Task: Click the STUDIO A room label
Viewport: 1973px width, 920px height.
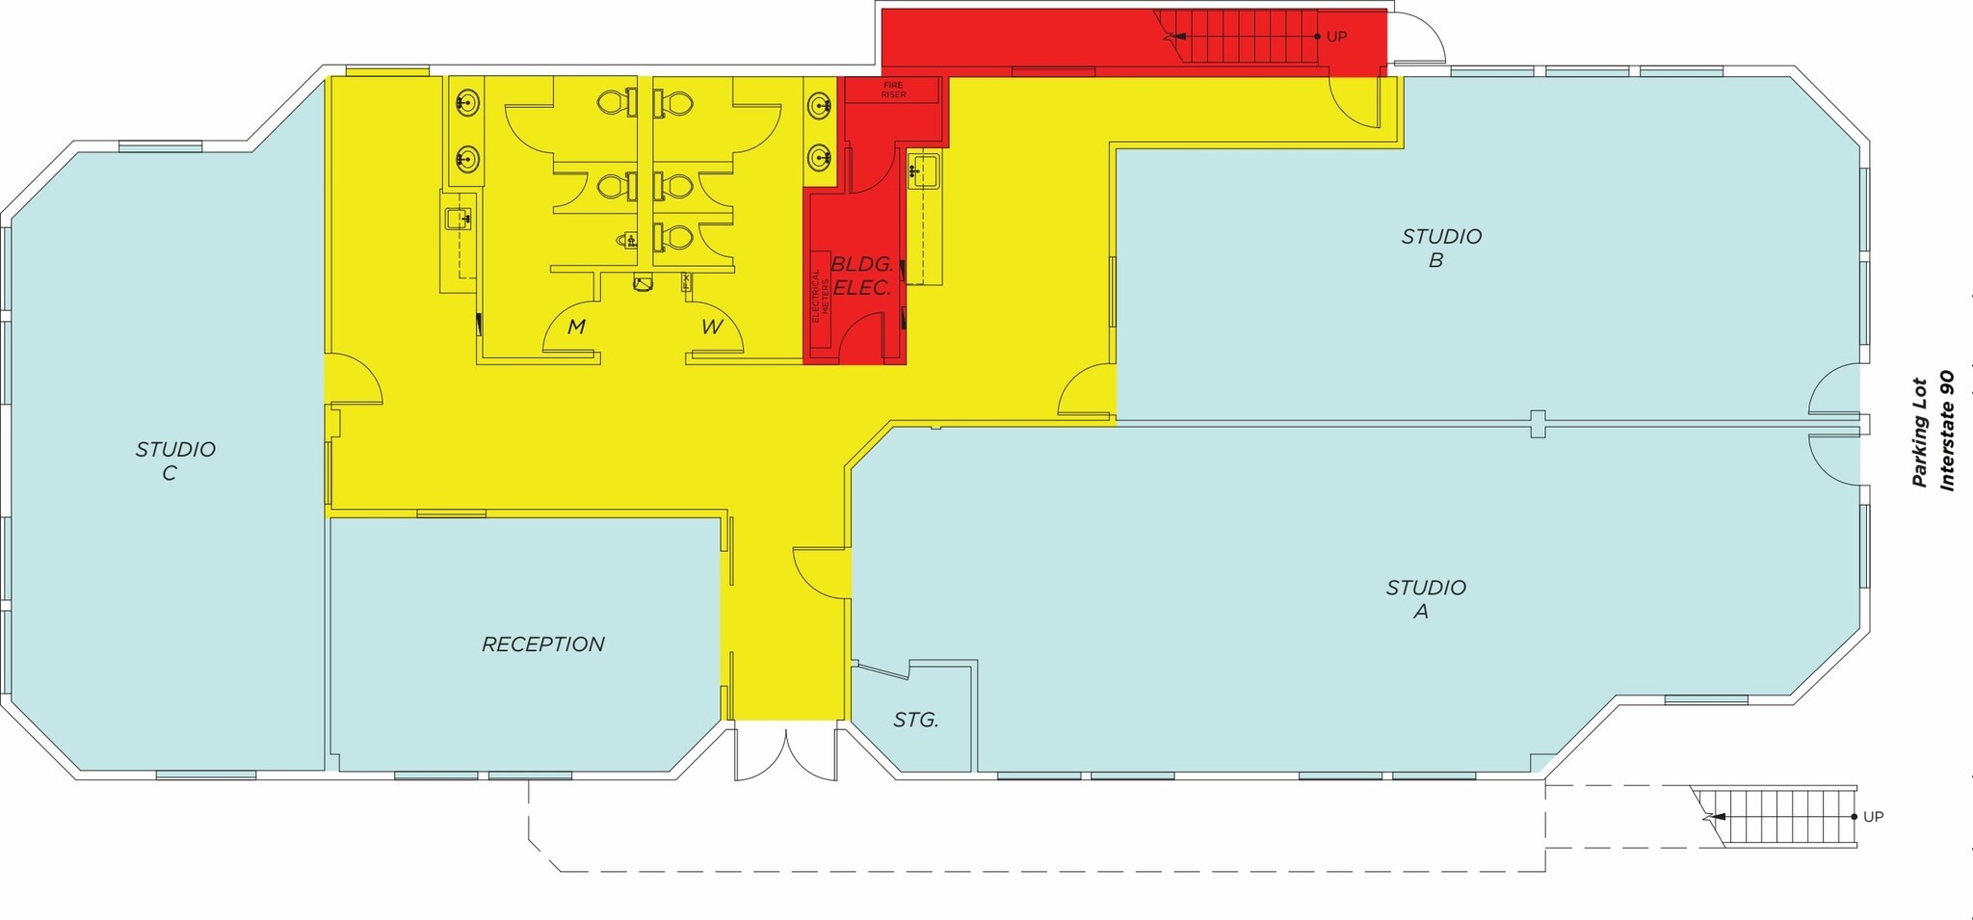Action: [x=1425, y=599]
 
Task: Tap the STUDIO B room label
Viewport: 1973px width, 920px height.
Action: [x=1440, y=248]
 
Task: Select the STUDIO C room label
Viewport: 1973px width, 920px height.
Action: [x=174, y=460]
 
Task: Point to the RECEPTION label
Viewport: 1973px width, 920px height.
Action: [x=543, y=644]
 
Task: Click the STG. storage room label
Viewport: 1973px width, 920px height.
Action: [x=915, y=720]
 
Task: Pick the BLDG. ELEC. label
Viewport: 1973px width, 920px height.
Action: [x=862, y=276]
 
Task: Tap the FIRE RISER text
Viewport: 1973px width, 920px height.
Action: [x=893, y=90]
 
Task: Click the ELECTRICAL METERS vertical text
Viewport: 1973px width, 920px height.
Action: [x=820, y=295]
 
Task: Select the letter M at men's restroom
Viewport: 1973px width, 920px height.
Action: [x=576, y=327]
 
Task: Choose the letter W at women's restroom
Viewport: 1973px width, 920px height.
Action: [x=711, y=327]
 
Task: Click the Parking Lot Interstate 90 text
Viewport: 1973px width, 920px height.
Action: [x=1933, y=431]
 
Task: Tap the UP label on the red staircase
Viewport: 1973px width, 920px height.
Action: [x=1336, y=37]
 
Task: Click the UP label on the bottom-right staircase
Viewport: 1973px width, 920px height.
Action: [x=1873, y=817]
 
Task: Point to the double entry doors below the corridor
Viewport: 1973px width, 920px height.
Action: [x=786, y=754]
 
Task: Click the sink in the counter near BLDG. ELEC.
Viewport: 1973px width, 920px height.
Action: [x=925, y=171]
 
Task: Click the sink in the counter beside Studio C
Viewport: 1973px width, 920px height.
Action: [x=459, y=219]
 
